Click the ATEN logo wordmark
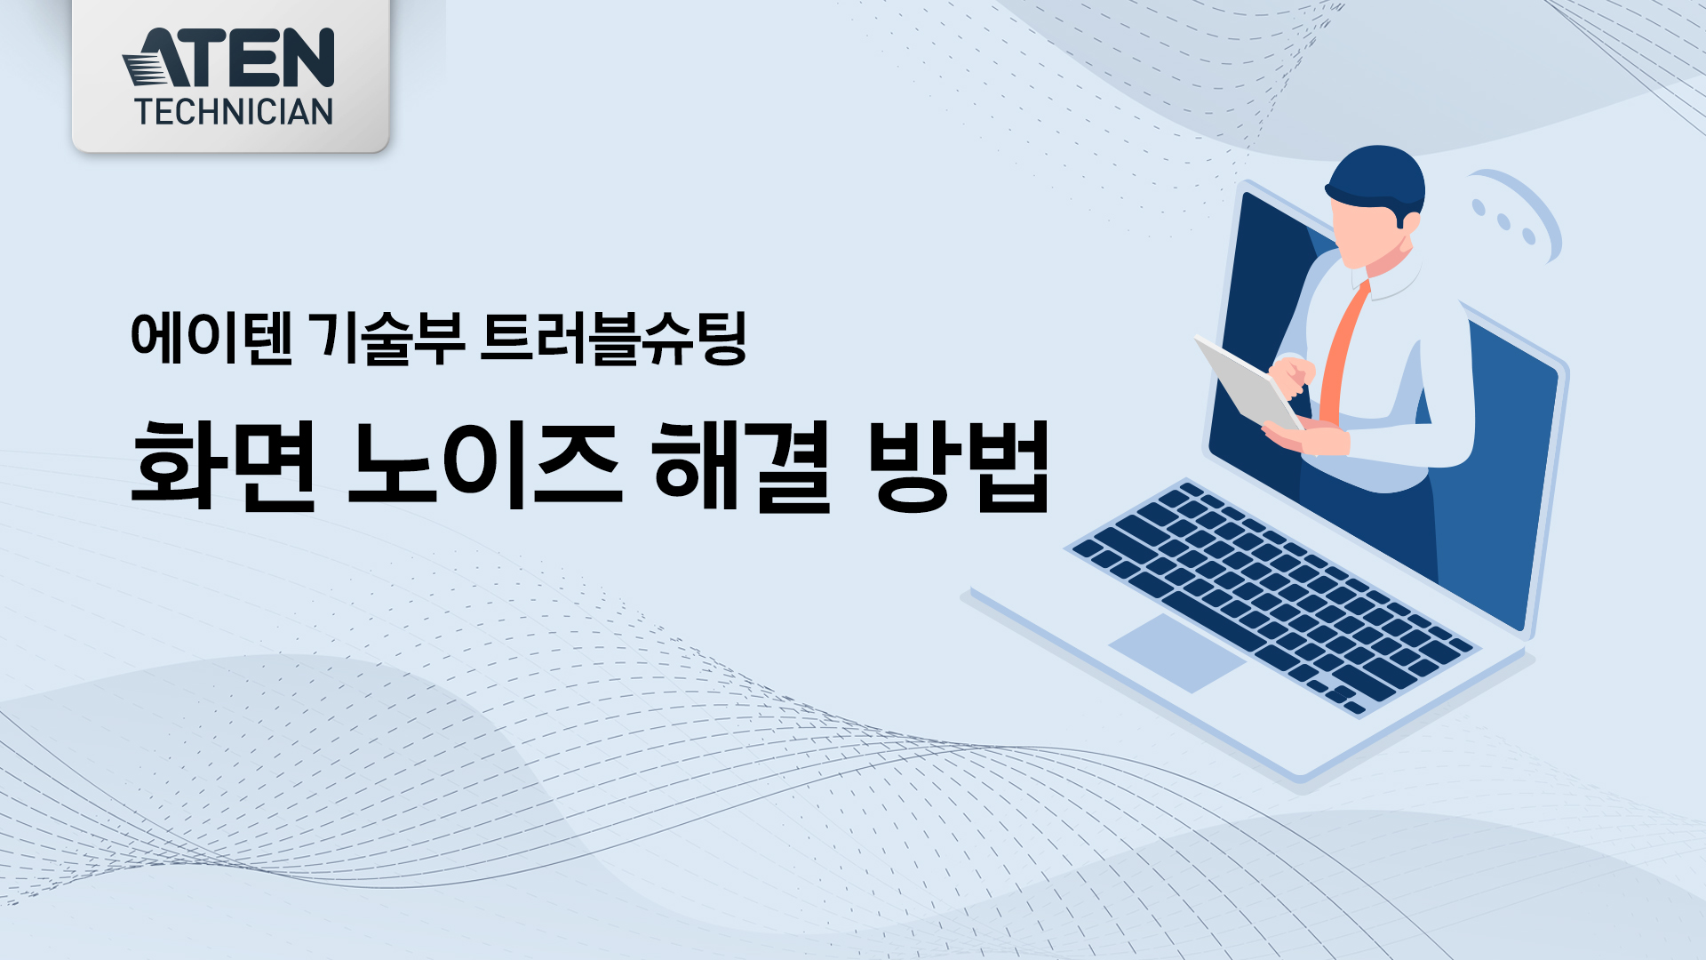point(228,58)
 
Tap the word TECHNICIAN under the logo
point(234,112)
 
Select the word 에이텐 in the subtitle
point(211,339)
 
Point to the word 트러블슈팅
point(613,339)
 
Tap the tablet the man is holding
point(1248,382)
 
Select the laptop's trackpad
point(1177,652)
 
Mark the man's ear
point(1409,221)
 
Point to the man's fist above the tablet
point(1291,374)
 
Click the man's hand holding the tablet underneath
point(1306,438)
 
